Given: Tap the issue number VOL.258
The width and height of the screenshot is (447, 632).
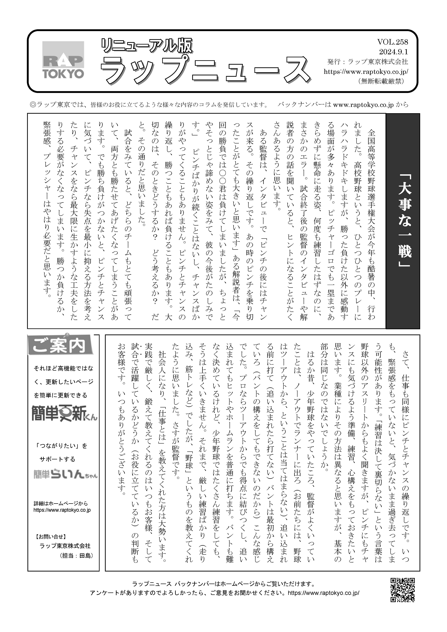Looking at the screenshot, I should pyautogui.click(x=392, y=42).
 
